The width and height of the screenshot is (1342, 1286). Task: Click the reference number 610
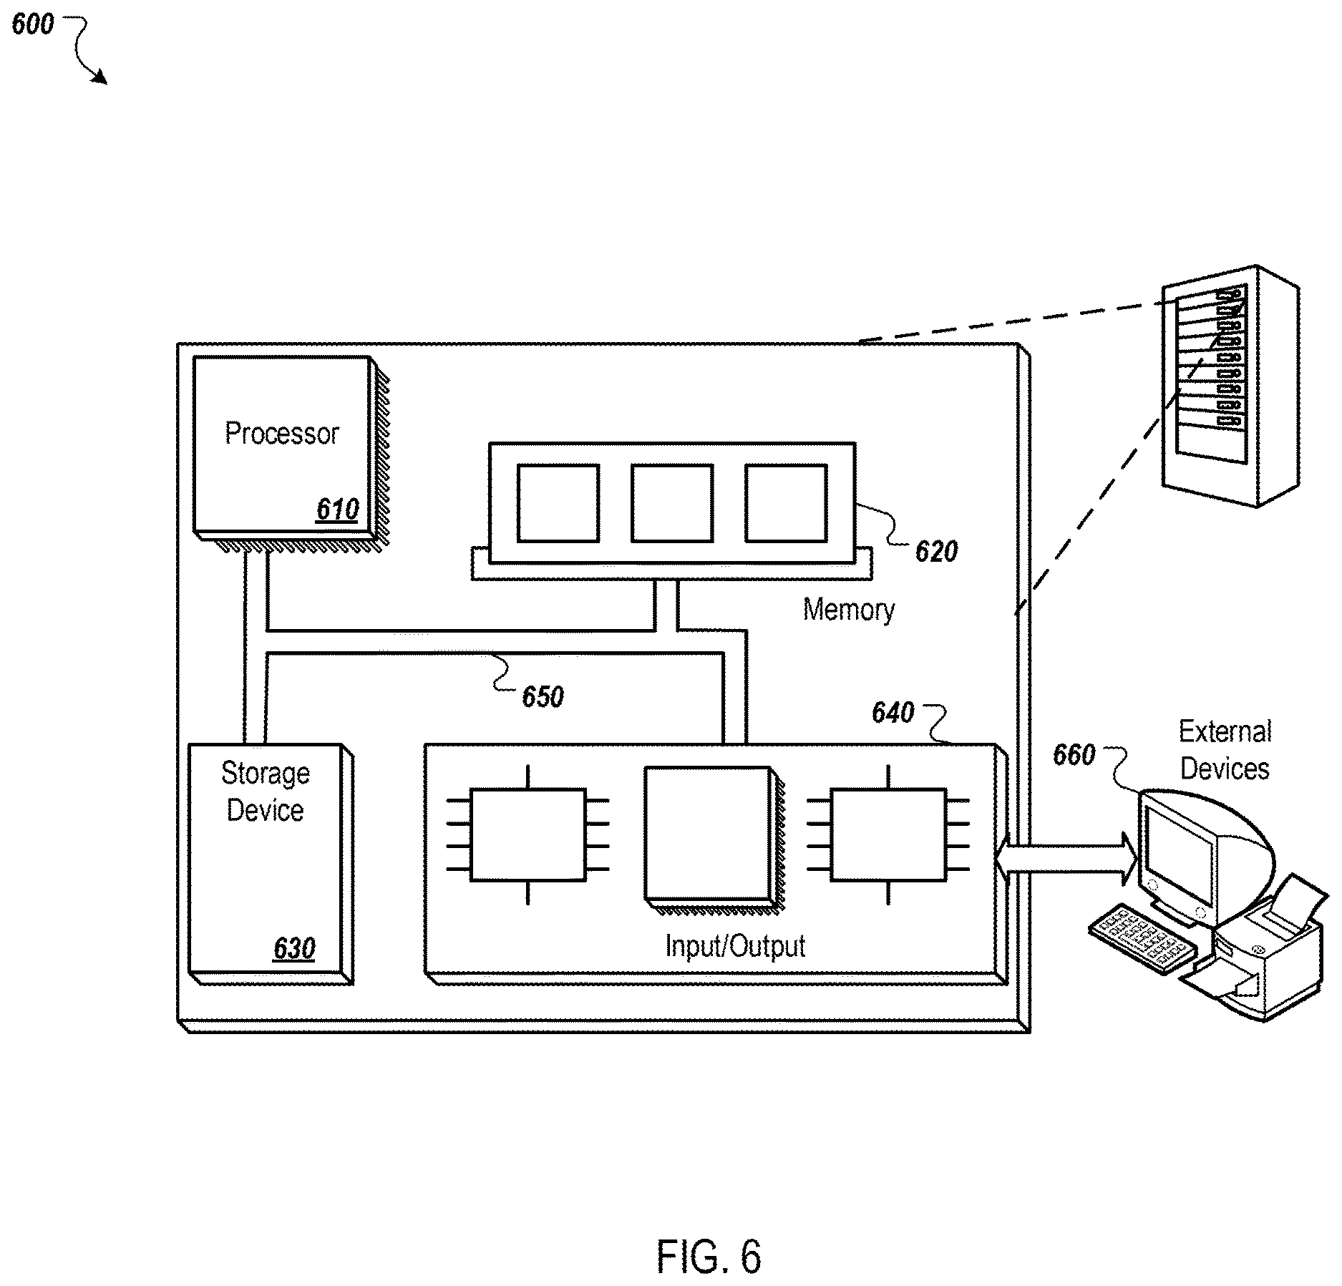click(x=337, y=510)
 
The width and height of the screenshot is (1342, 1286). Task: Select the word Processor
click(x=281, y=434)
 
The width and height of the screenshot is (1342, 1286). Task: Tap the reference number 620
click(x=936, y=552)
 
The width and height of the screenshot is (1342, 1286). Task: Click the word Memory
click(x=849, y=610)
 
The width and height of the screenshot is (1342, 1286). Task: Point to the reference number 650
click(x=543, y=697)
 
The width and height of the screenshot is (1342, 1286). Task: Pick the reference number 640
click(x=893, y=713)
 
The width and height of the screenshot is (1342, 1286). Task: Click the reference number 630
click(x=294, y=949)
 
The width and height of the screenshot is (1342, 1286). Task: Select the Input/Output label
click(x=735, y=947)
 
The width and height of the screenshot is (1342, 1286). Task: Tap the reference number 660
click(x=1074, y=755)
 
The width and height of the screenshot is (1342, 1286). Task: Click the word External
click(x=1225, y=731)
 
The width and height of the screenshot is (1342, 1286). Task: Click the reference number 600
click(x=33, y=25)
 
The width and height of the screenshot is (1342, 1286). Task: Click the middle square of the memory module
click(x=672, y=503)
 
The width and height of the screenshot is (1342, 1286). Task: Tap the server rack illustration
click(x=1230, y=386)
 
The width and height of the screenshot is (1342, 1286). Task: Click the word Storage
click(x=266, y=774)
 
